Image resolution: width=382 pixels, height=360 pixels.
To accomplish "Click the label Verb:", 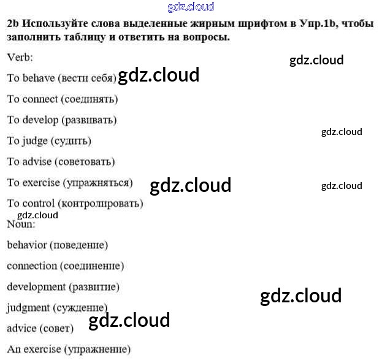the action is [20, 57].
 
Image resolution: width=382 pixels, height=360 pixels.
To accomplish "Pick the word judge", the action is [35, 140].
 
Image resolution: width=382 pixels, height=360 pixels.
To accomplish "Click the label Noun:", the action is [21, 224].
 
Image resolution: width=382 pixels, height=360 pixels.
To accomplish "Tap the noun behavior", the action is [27, 245].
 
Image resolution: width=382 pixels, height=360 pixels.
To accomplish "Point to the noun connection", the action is [32, 266].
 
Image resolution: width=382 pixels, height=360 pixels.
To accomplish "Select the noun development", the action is [36, 287].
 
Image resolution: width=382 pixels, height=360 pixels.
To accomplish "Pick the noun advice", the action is [21, 329].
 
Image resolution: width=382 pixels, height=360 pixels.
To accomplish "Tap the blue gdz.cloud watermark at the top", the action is [191, 7].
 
